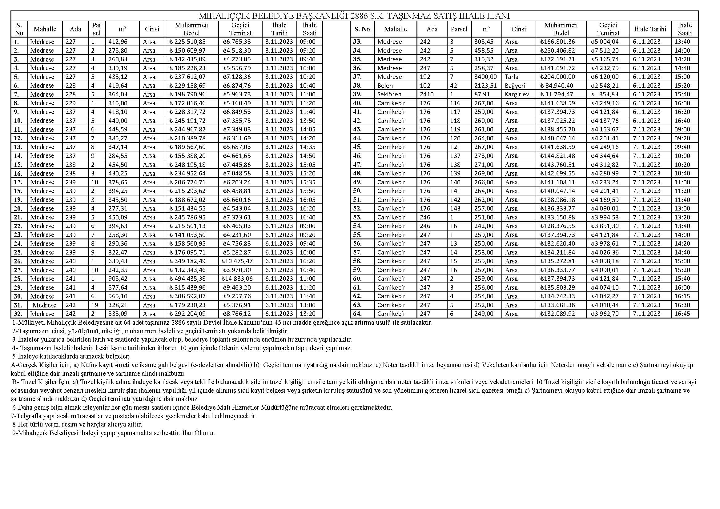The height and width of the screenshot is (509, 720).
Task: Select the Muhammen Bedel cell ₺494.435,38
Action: click(191, 279)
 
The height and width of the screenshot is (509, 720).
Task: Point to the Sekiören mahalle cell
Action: click(389, 94)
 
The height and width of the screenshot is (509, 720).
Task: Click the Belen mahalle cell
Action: click(385, 86)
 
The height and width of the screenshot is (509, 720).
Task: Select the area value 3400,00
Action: click(485, 77)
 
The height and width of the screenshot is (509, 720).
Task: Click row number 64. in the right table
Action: click(357, 314)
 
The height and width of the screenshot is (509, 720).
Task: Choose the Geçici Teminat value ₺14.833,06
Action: click(238, 279)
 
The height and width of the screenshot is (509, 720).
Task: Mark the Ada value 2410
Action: click(426, 94)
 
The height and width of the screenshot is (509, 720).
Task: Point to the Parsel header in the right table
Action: click(459, 29)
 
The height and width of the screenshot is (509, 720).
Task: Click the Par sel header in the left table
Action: click(97, 29)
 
